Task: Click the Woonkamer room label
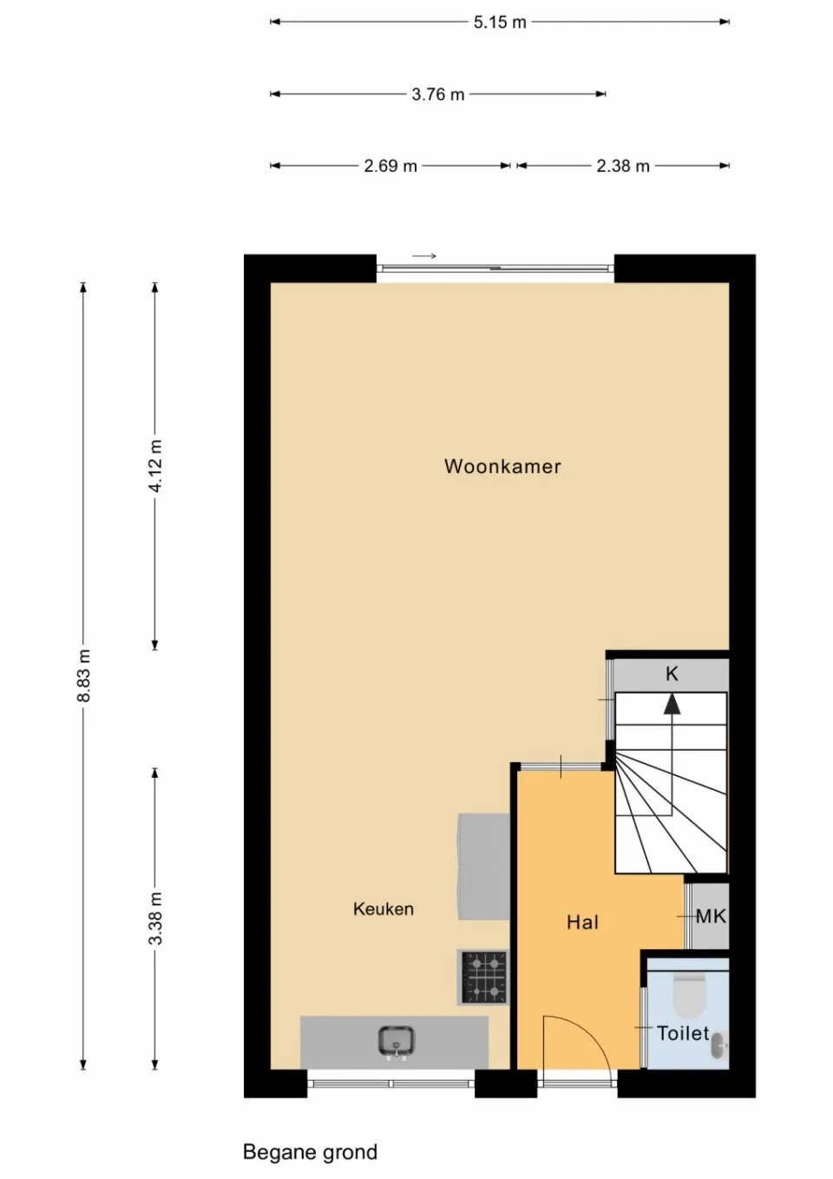click(x=502, y=466)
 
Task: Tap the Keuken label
click(x=383, y=909)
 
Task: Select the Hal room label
click(x=582, y=922)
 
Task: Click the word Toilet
click(x=682, y=1033)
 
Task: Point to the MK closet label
click(x=711, y=916)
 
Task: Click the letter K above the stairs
click(x=672, y=674)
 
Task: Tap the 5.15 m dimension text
click(x=500, y=22)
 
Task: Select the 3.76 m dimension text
click(x=437, y=94)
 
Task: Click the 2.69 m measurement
click(x=390, y=166)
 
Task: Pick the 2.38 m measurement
click(x=622, y=166)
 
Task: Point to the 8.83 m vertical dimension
click(x=83, y=675)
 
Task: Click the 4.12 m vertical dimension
click(x=155, y=466)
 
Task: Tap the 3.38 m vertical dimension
click(x=155, y=919)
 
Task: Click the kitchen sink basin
click(x=396, y=1040)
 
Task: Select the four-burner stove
click(x=484, y=977)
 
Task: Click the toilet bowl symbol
click(x=690, y=997)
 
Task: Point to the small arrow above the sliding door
click(x=423, y=256)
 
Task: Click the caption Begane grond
click(x=310, y=1152)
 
